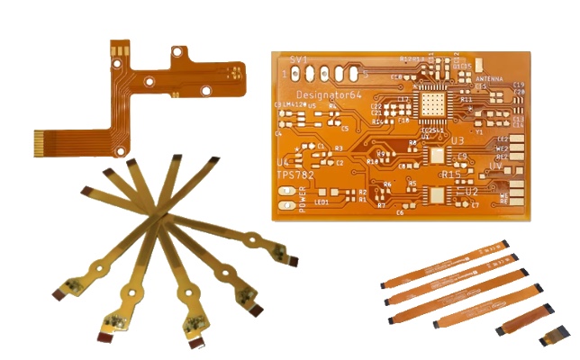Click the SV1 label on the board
pos(298,59)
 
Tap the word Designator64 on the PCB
pos(329,94)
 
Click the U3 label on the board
pos(457,141)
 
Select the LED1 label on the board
pos(322,202)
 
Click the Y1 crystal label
pos(479,132)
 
